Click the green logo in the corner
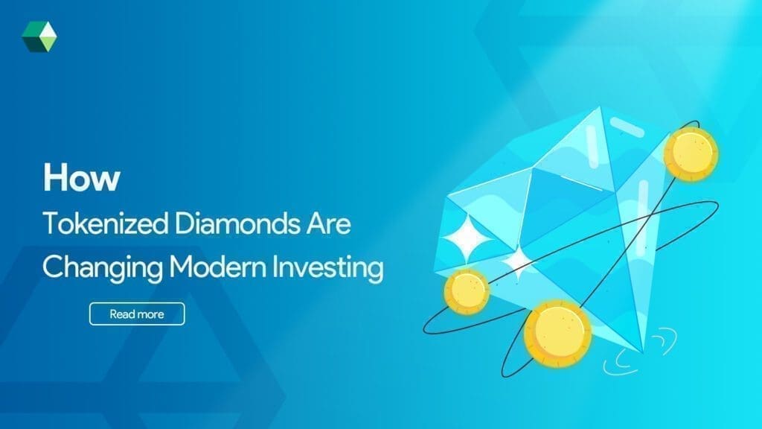point(38,36)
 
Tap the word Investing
point(324,267)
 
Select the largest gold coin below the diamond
point(557,333)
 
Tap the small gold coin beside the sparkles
point(467,290)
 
